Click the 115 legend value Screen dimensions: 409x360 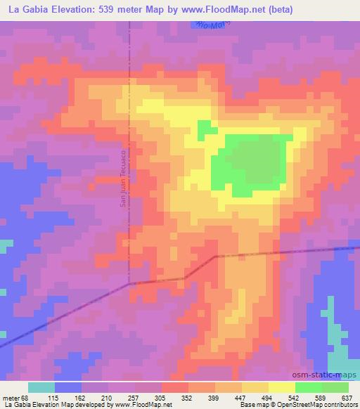coord(54,397)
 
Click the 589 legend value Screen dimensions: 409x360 coord(320,397)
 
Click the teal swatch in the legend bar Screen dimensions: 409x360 coord(41,387)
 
